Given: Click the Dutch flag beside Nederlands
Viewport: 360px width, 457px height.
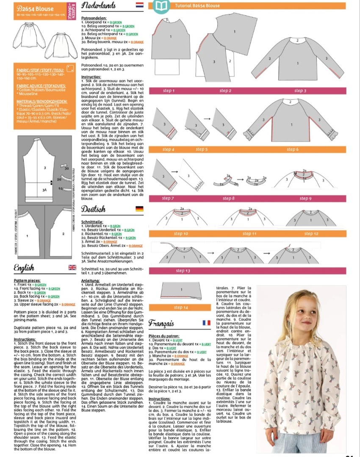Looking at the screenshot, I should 139,6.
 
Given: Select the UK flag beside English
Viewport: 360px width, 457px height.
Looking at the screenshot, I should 72,267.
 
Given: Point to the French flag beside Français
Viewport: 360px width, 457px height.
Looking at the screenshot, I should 206,323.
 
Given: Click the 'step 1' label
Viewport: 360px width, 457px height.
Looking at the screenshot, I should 168,91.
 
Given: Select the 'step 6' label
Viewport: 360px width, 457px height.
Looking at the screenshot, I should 293,149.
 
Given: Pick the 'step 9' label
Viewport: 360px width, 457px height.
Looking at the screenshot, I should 305,198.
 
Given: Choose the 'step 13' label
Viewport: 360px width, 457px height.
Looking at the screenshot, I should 183,271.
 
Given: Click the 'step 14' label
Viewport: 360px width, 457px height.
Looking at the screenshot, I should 181,307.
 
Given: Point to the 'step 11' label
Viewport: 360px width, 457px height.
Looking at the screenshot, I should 249,234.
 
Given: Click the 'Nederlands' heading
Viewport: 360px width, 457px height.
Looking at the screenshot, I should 98,6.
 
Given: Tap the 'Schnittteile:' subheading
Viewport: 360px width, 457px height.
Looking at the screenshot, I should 92,221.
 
